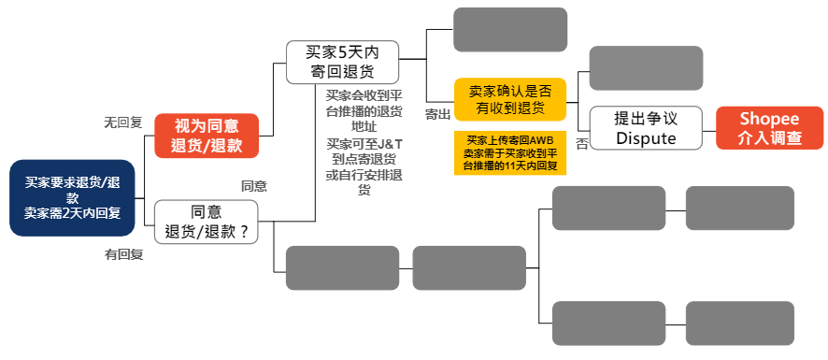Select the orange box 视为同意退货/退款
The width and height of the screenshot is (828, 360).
206,135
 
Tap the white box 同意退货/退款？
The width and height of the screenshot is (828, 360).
206,222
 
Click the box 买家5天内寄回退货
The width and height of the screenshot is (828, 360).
342,62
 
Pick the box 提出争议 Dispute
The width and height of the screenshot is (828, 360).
646,128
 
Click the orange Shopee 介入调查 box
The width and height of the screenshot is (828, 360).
769,128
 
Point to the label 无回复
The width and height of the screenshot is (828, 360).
122,122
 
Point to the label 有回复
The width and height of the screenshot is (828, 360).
123,253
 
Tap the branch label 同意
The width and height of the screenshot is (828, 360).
254,186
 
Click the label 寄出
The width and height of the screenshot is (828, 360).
437,114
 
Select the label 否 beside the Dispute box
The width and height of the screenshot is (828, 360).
581,144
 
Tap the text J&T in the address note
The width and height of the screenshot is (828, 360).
391,143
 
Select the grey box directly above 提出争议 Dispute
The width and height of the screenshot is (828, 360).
646,68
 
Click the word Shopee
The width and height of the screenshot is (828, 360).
769,119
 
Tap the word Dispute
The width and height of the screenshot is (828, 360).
646,137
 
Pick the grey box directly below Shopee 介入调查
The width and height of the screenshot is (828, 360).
739,209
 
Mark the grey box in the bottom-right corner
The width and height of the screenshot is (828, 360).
739,324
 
